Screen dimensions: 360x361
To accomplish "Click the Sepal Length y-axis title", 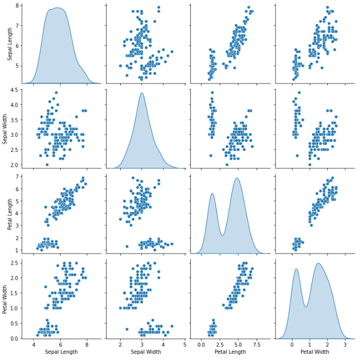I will [6, 44].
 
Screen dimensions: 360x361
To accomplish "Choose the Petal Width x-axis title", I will [314, 352].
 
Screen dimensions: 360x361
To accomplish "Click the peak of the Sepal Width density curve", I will [142, 93].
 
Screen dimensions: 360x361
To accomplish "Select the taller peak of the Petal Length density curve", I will [237, 178].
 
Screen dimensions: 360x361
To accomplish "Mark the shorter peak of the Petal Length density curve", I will [213, 193].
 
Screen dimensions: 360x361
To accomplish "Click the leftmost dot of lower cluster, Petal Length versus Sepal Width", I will [127, 246].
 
